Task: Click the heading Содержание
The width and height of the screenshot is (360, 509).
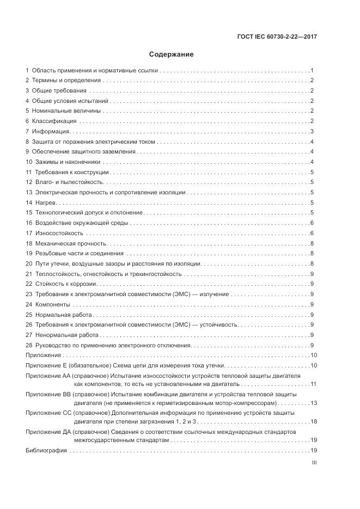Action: pyautogui.click(x=172, y=54)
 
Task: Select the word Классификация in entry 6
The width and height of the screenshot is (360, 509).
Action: pyautogui.click(x=54, y=121)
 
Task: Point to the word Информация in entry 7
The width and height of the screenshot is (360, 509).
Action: pyautogui.click(x=50, y=131)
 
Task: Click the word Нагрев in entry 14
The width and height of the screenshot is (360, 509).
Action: pyautogui.click(x=46, y=203)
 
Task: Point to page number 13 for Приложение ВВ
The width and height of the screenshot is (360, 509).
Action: pyautogui.click(x=313, y=403)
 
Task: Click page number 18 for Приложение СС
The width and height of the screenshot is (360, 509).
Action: pyautogui.click(x=313, y=421)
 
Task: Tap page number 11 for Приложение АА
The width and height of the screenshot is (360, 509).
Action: pyautogui.click(x=314, y=385)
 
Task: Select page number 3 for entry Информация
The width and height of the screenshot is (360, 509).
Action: pyautogui.click(x=312, y=131)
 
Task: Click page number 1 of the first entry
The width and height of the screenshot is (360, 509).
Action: pyautogui.click(x=312, y=71)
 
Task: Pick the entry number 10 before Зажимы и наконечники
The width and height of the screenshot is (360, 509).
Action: pyautogui.click(x=29, y=162)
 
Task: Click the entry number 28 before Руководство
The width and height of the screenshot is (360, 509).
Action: pyautogui.click(x=29, y=345)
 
